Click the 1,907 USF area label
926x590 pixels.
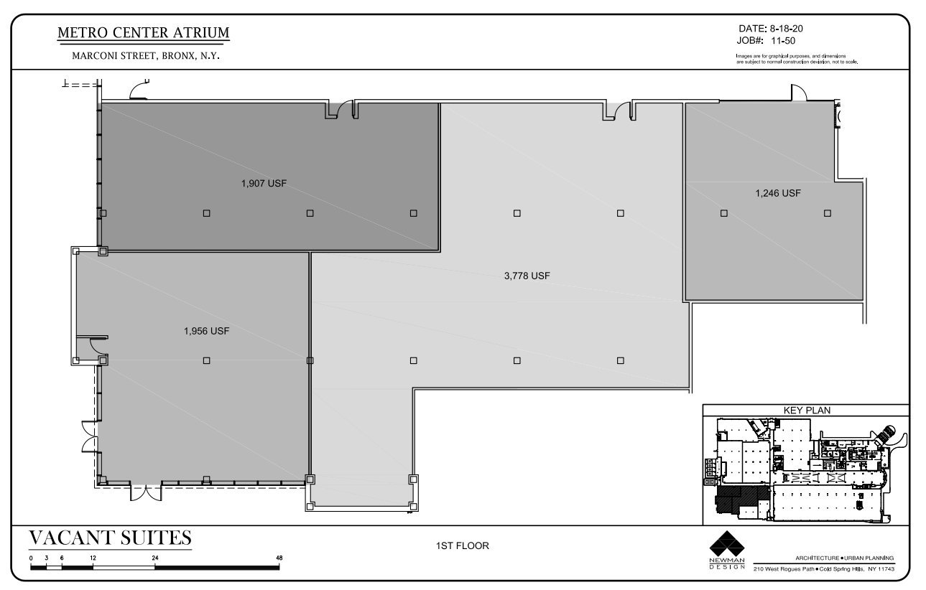point(264,183)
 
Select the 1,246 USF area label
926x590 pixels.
point(777,193)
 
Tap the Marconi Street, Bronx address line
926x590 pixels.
point(144,57)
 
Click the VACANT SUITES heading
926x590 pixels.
point(110,538)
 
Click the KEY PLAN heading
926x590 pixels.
point(805,410)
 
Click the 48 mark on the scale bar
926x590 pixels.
point(279,557)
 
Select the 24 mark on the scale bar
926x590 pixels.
point(154,557)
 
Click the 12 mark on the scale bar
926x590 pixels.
point(93,557)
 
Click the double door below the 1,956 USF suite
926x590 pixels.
point(146,495)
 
